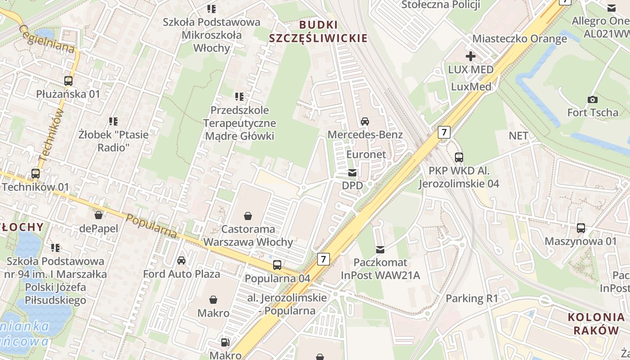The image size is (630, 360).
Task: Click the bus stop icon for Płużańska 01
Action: [x=68, y=81]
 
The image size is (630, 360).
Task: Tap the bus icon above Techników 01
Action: [x=35, y=174]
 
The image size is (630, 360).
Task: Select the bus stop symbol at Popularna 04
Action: [x=277, y=265]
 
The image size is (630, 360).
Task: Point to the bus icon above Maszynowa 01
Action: [x=581, y=228]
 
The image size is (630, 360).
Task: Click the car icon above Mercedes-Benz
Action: [x=365, y=121]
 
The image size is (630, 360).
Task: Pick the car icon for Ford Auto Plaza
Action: [x=181, y=261]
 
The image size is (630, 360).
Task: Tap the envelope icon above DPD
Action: [x=352, y=173]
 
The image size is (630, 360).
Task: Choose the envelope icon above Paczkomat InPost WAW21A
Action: [x=380, y=249]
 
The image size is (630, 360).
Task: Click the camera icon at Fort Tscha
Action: [x=593, y=99]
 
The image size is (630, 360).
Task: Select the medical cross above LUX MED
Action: [x=471, y=57]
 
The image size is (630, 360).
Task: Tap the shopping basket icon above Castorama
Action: [x=247, y=216]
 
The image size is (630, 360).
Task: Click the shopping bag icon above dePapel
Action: [x=98, y=215]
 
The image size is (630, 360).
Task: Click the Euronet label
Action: [x=366, y=154]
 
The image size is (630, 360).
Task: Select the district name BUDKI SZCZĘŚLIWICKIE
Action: [x=318, y=31]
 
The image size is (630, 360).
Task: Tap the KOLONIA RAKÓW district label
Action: [x=593, y=324]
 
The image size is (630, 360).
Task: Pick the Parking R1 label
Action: [x=472, y=298]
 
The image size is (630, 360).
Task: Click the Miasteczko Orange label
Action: [x=519, y=39]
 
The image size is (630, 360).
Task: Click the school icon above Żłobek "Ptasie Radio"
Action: [x=113, y=121]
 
